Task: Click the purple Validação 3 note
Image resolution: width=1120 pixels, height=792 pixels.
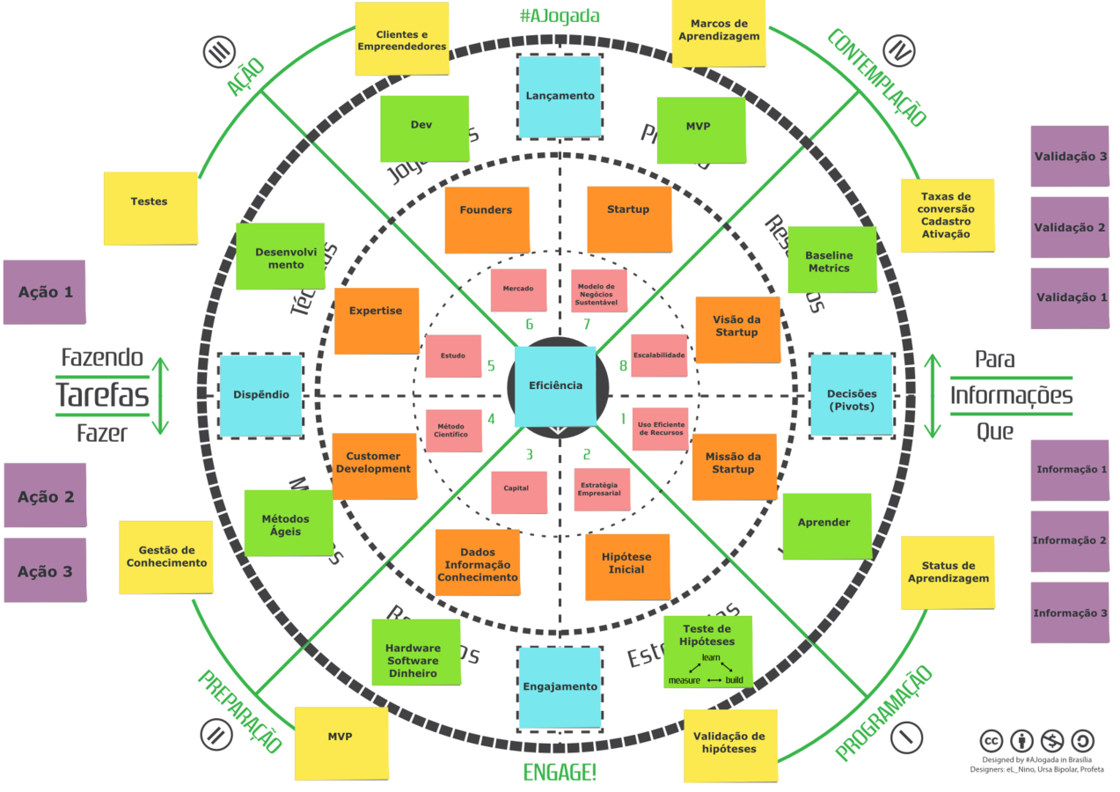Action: pyautogui.click(x=1070, y=157)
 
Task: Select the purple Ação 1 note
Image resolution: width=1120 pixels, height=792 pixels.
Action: pyautogui.click(x=45, y=292)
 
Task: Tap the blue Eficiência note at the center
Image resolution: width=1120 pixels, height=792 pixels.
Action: pyautogui.click(x=555, y=385)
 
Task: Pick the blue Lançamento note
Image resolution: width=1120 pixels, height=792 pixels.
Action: pyautogui.click(x=560, y=96)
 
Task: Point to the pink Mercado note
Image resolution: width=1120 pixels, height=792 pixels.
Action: pyautogui.click(x=517, y=290)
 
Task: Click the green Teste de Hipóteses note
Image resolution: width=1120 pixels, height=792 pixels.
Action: pyautogui.click(x=706, y=652)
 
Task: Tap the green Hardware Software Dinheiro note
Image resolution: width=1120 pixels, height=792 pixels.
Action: pyautogui.click(x=415, y=652)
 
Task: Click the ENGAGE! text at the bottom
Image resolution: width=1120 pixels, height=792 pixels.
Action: pyautogui.click(x=560, y=774)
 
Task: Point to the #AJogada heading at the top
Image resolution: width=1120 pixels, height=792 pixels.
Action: pyautogui.click(x=560, y=15)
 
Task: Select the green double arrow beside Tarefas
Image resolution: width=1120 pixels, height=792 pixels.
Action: pyautogui.click(x=159, y=396)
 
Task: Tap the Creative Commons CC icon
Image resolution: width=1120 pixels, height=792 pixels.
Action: pyautogui.click(x=992, y=740)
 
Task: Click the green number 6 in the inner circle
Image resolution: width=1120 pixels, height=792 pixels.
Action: pyautogui.click(x=529, y=325)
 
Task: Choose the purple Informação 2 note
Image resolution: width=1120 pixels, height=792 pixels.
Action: pyautogui.click(x=1070, y=541)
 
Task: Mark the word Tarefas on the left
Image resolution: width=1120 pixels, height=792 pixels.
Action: pyautogui.click(x=102, y=396)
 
